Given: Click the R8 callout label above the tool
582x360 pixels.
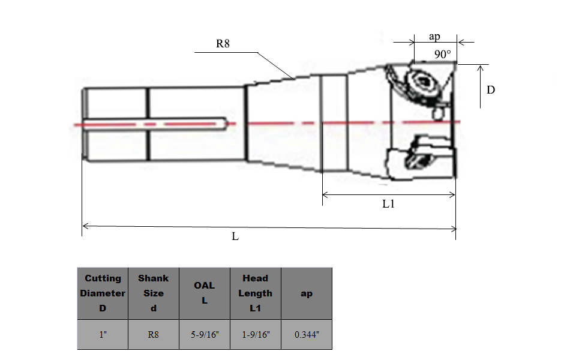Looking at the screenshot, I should [223, 44].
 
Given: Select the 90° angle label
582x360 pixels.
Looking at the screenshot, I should [442, 55].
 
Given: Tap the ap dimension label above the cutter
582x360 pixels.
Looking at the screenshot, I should [434, 37].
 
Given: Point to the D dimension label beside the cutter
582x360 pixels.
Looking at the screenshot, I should [490, 90].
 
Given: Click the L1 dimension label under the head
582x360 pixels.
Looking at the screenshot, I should [389, 204].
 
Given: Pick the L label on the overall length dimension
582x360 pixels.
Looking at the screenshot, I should [235, 236].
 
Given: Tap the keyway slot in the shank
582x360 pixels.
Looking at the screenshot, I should [156, 124].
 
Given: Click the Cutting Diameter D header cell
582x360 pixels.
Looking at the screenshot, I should [103, 293].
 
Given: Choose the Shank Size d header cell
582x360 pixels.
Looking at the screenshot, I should [154, 293].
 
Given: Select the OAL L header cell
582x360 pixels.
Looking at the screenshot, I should [205, 293].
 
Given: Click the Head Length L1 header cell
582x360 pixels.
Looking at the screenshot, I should [255, 293].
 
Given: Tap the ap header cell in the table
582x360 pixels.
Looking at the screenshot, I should [306, 293].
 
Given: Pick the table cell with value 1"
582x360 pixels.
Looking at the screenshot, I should [103, 335].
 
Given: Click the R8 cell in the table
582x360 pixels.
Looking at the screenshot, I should [154, 335].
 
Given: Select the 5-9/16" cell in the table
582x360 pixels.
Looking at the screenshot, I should [205, 335].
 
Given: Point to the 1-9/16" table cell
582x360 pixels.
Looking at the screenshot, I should [255, 335].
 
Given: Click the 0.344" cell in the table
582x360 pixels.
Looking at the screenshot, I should [306, 335].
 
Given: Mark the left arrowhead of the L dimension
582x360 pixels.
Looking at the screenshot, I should [84, 226].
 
